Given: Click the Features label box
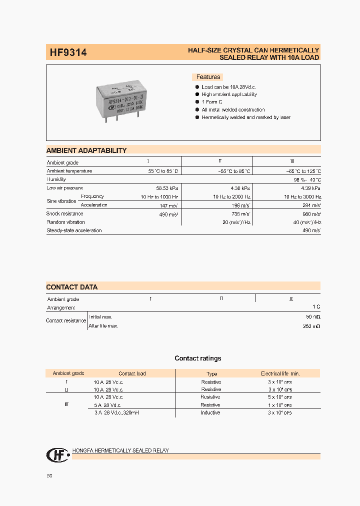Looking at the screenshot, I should [x=207, y=77].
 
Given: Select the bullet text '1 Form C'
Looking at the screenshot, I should [x=212, y=102].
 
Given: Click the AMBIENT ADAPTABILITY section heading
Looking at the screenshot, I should [x=86, y=150].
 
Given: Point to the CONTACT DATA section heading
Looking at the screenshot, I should [x=72, y=287].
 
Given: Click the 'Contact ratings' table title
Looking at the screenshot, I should [x=197, y=358].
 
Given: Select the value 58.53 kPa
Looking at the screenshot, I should [x=167, y=188].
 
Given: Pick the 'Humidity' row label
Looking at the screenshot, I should [x=56, y=179].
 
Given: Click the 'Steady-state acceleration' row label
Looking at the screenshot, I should [x=74, y=230].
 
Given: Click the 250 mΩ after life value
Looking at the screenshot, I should [x=311, y=326].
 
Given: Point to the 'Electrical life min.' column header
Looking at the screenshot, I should [x=280, y=373].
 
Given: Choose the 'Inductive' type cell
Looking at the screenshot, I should [x=210, y=412].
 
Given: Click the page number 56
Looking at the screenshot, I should [x=49, y=475].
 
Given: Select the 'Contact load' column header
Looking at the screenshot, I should [x=132, y=373].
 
